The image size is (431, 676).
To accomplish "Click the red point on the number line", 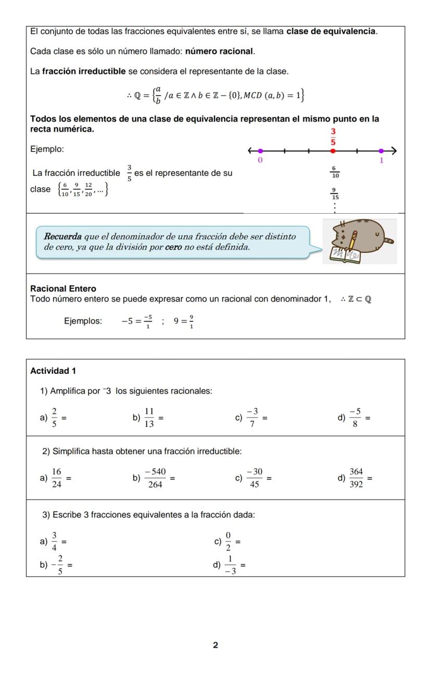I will point(333,151).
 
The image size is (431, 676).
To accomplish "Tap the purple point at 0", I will point(260,151).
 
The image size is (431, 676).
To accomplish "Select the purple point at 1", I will point(381,151).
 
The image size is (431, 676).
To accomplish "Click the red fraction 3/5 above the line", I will point(333,136).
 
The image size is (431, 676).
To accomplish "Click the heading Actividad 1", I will point(53,371).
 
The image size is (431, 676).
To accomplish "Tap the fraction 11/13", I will point(149,418).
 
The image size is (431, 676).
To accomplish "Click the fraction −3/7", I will point(252,418).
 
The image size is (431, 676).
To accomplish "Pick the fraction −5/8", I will point(355,418).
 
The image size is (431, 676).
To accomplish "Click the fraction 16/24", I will point(57,478).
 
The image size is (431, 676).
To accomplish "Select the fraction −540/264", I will point(155,478).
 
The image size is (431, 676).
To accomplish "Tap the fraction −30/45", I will point(255,478).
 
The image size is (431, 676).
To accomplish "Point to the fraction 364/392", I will point(356,478).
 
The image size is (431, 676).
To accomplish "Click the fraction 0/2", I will point(228,541).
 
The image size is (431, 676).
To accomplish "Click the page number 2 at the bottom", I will point(215,645).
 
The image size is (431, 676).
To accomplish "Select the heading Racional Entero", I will point(63,289).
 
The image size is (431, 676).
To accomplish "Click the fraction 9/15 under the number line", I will point(335,194).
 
